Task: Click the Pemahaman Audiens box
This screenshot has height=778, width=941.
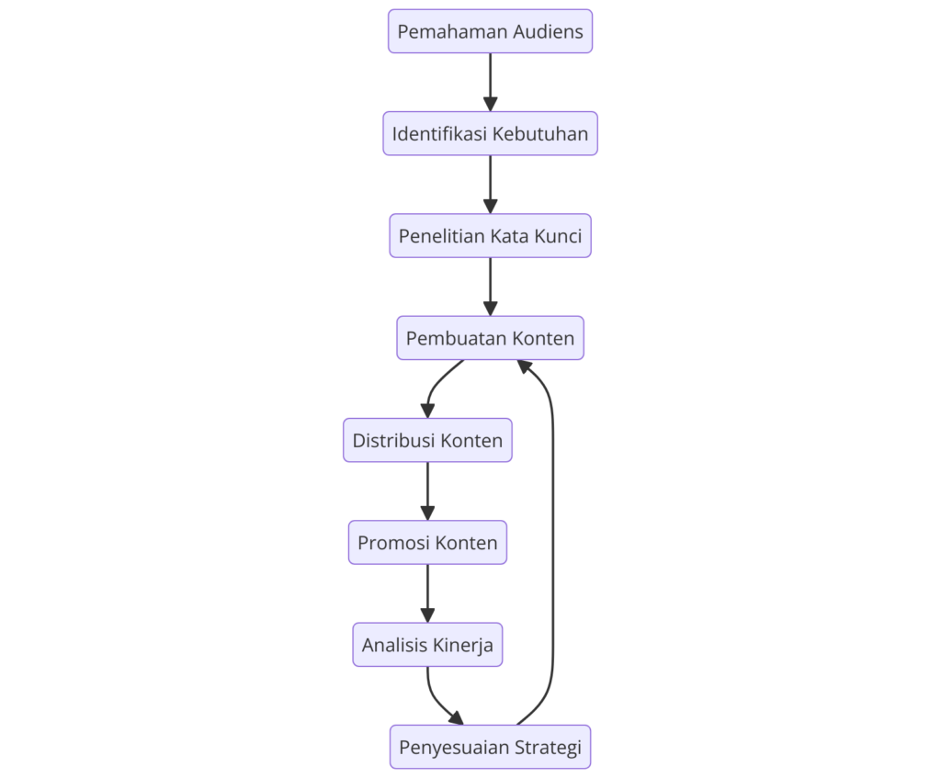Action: coord(490,31)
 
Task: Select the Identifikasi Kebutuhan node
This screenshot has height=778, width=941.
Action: coord(490,133)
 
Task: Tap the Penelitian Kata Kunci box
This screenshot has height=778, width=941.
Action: coord(490,236)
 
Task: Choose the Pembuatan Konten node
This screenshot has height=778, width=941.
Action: coord(490,338)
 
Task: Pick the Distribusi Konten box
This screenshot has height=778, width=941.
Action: coord(427,440)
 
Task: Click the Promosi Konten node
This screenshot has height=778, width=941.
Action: coord(427,542)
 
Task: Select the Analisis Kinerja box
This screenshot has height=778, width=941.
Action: coord(427,645)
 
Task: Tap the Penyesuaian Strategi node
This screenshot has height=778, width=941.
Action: coord(490,747)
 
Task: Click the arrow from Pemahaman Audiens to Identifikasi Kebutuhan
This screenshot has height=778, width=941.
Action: coord(490,82)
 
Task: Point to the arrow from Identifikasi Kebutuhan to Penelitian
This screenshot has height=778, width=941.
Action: coord(490,184)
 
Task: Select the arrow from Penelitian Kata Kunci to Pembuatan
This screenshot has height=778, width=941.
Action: coord(490,287)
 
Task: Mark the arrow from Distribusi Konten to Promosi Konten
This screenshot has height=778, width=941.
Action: coord(427,490)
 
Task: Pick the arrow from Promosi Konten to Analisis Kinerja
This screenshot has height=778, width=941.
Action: coord(427,593)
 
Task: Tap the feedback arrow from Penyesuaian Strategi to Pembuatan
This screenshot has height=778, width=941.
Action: coord(553,551)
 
